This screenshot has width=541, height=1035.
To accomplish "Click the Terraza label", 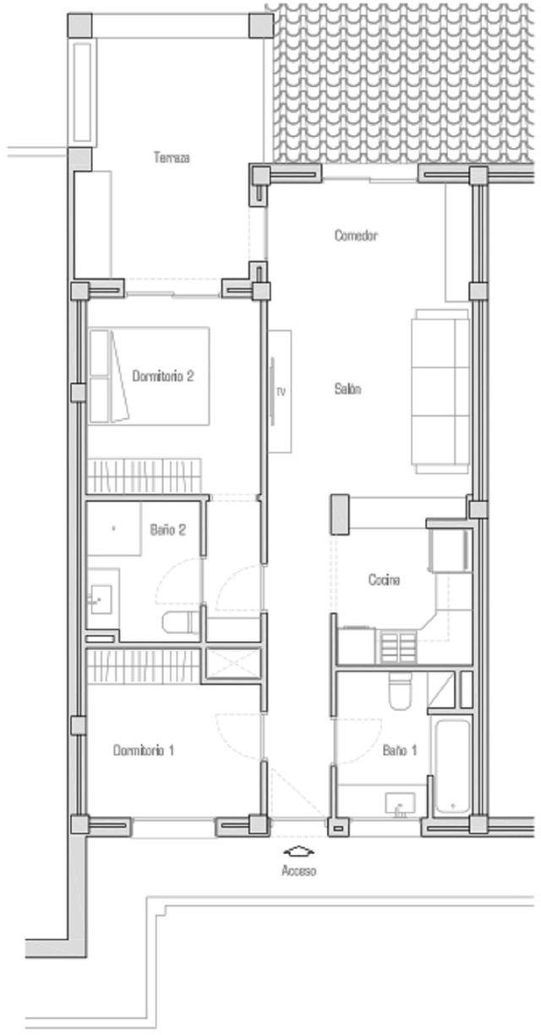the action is (172, 157).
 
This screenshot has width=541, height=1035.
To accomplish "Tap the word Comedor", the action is (356, 235).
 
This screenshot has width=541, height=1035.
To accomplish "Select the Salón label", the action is (347, 389).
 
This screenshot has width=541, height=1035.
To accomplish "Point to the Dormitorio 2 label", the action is (162, 375).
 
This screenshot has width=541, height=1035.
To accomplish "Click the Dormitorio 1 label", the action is (143, 750).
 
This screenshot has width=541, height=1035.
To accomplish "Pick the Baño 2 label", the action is (167, 529).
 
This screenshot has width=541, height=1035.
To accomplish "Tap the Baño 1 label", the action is (400, 750).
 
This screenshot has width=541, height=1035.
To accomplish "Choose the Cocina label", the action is (384, 579).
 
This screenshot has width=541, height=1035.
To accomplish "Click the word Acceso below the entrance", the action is (299, 870).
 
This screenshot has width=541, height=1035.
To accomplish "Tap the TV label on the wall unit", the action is (281, 392).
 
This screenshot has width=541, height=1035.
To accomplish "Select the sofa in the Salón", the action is (440, 391).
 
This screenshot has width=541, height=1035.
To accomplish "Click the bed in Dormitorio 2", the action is (150, 375).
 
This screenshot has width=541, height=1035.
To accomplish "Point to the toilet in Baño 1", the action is (400, 690).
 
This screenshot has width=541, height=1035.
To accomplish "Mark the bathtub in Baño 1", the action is (452, 766).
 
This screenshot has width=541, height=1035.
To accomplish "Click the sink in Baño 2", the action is (101, 600).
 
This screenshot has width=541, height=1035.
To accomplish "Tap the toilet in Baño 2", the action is (182, 622).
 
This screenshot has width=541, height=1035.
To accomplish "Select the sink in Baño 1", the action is (400, 804).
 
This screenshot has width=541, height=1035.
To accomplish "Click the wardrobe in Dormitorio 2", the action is (145, 476).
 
